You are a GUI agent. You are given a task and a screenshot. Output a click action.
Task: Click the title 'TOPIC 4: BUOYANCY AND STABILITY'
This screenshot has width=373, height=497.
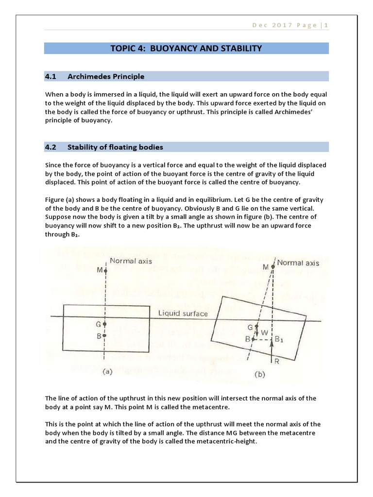coord(186,49)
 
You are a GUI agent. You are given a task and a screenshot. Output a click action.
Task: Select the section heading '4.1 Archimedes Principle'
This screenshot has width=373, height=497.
coord(94,77)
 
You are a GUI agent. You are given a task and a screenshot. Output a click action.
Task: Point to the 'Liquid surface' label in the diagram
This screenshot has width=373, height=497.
coord(183,314)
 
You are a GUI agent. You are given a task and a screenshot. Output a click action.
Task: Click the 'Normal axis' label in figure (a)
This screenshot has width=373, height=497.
coord(131,261)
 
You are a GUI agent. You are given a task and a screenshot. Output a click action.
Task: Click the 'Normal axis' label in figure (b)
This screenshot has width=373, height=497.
coord(298,263)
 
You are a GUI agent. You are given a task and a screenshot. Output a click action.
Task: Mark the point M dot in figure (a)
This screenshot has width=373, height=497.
coord(105,270)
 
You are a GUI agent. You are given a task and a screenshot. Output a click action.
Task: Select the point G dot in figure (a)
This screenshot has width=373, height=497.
coord(105,324)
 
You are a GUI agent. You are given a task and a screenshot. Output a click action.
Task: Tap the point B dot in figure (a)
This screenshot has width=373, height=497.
coord(105,335)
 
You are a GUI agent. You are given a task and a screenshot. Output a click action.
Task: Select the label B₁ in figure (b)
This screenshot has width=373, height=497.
coord(279,340)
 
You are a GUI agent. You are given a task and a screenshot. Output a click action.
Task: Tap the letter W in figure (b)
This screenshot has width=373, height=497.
coord(264,333)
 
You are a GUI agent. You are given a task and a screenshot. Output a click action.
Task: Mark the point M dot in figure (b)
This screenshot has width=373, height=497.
coord(273,266)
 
